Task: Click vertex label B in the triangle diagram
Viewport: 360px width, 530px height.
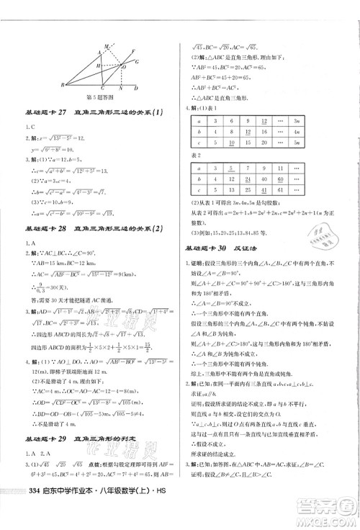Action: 63,86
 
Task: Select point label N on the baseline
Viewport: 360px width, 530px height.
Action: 121,89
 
